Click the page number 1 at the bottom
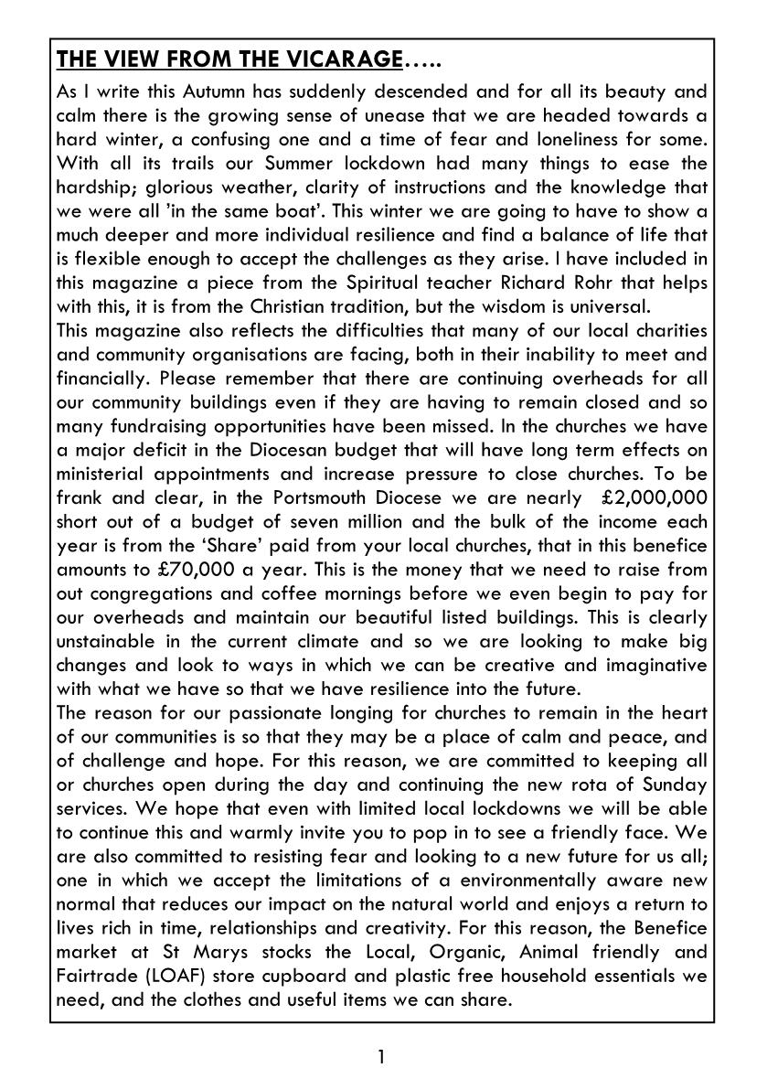[x=381, y=1058]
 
